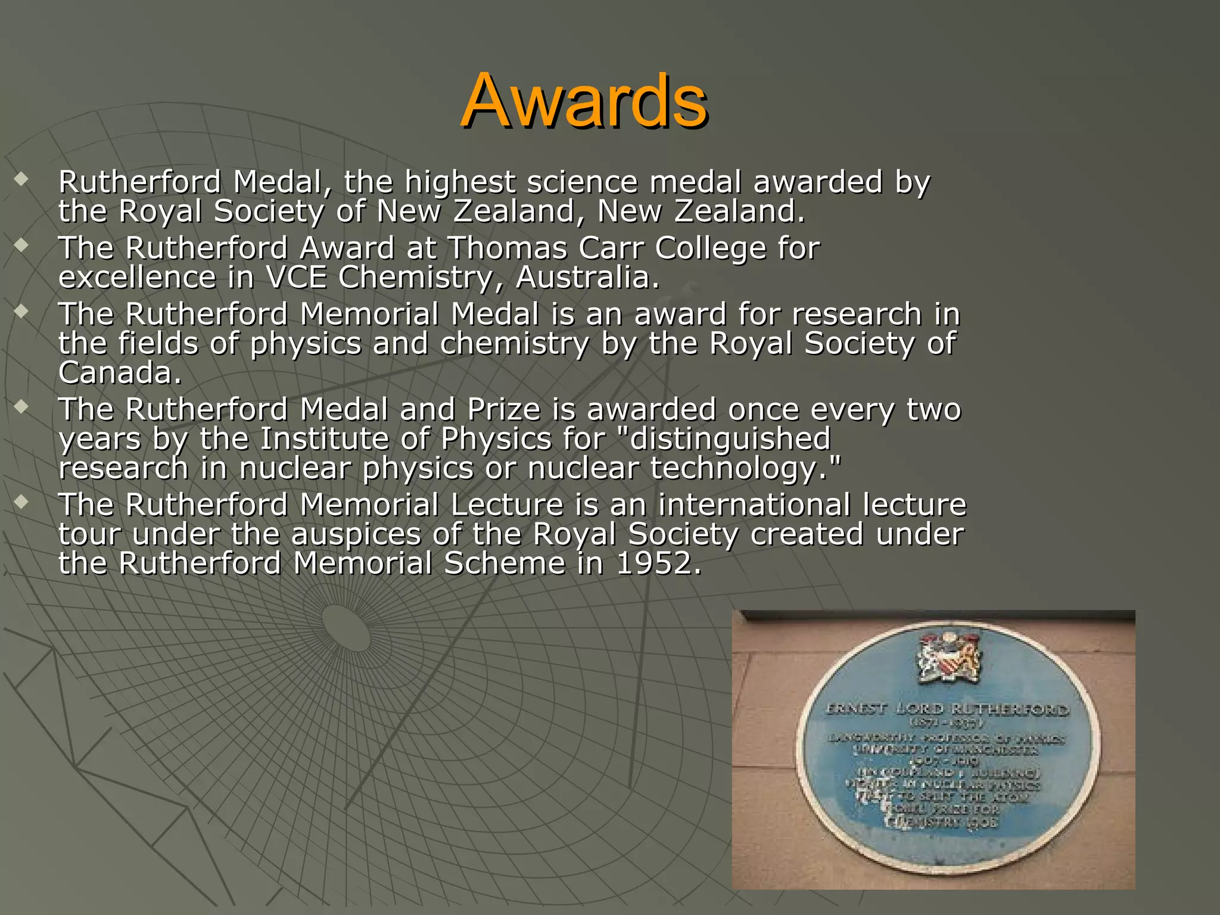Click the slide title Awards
pyautogui.click(x=584, y=101)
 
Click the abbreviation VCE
pyautogui.click(x=296, y=277)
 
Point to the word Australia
pyautogui.click(x=587, y=277)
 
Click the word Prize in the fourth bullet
pyautogui.click(x=504, y=409)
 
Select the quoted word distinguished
pyautogui.click(x=729, y=439)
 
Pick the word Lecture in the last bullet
pyautogui.click(x=507, y=505)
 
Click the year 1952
pyautogui.click(x=658, y=564)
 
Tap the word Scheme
pyautogui.click(x=504, y=564)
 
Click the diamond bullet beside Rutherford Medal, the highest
pyautogui.click(x=22, y=179)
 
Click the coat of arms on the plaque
pyautogui.click(x=950, y=658)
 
